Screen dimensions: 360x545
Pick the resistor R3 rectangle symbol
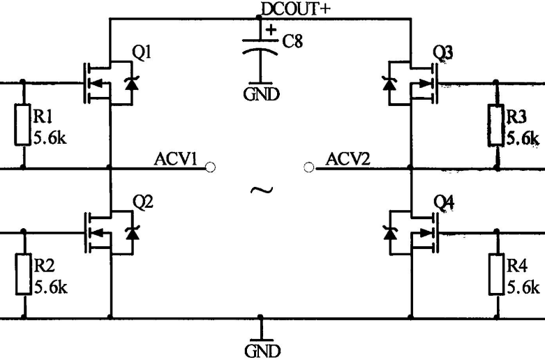point(496,125)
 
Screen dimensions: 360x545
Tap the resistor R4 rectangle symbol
point(496,274)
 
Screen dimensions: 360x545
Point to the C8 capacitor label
point(293,42)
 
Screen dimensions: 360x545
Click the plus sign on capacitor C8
point(271,29)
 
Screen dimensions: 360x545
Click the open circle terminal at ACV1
point(211,167)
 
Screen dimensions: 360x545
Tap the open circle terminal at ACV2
point(310,167)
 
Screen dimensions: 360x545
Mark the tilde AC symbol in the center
point(260,188)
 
